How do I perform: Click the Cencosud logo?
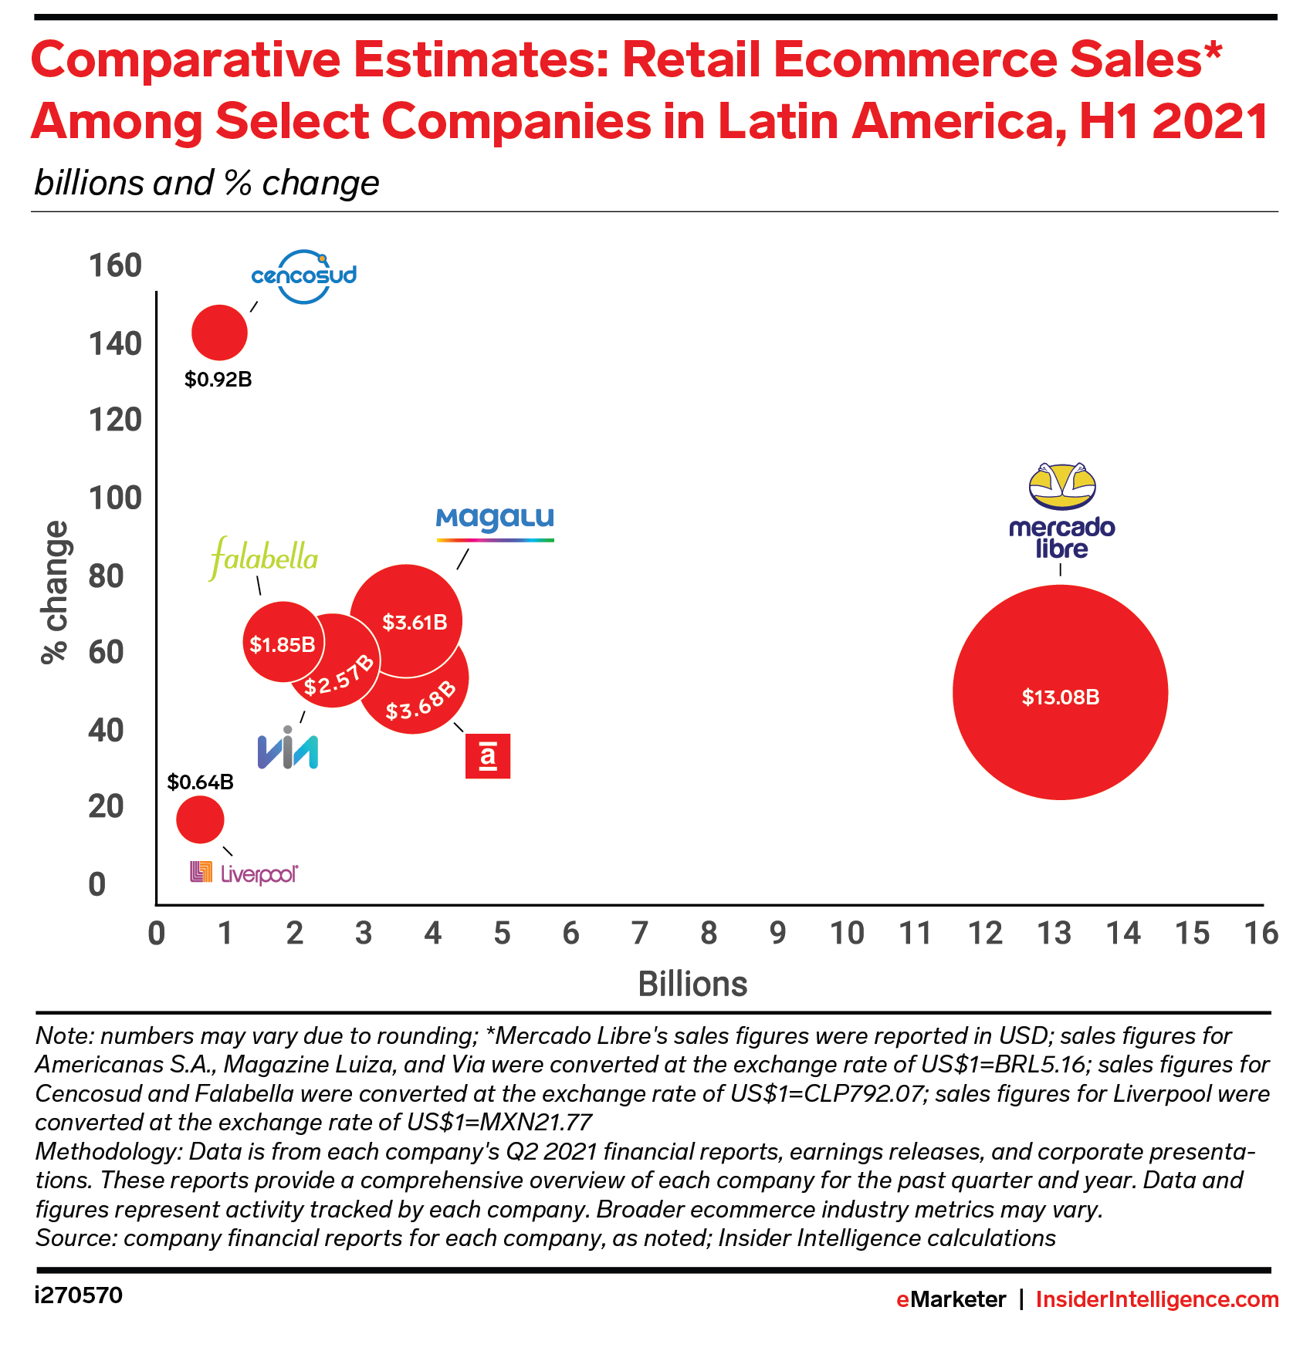click(x=304, y=275)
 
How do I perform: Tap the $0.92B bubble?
click(x=219, y=333)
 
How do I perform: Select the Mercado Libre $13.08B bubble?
click(x=1060, y=692)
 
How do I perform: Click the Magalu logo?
click(x=495, y=524)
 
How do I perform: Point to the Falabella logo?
click(x=263, y=558)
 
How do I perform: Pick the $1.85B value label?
click(x=282, y=644)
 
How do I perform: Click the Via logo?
click(x=287, y=748)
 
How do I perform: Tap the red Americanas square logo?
click(x=488, y=756)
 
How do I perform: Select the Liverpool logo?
click(x=244, y=873)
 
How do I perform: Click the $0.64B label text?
click(x=201, y=782)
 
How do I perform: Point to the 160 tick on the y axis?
click(x=115, y=265)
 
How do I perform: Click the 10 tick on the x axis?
click(x=847, y=934)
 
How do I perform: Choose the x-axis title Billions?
click(x=692, y=985)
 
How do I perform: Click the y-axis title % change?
click(x=55, y=592)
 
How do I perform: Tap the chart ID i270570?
click(x=79, y=1295)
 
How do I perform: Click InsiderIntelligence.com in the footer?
click(x=1156, y=1299)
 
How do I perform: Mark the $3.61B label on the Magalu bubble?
click(x=415, y=622)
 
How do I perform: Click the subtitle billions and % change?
click(x=207, y=184)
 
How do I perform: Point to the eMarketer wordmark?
click(x=950, y=1299)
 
